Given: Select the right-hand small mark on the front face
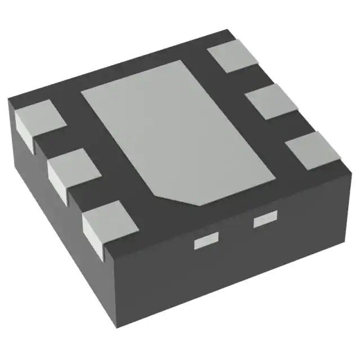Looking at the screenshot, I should point(265,221).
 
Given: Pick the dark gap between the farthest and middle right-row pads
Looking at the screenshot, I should point(247,78).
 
